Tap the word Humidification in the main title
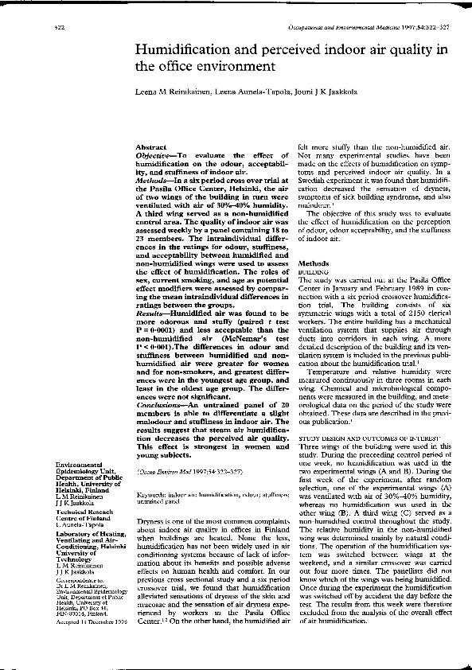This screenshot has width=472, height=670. click(184, 50)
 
